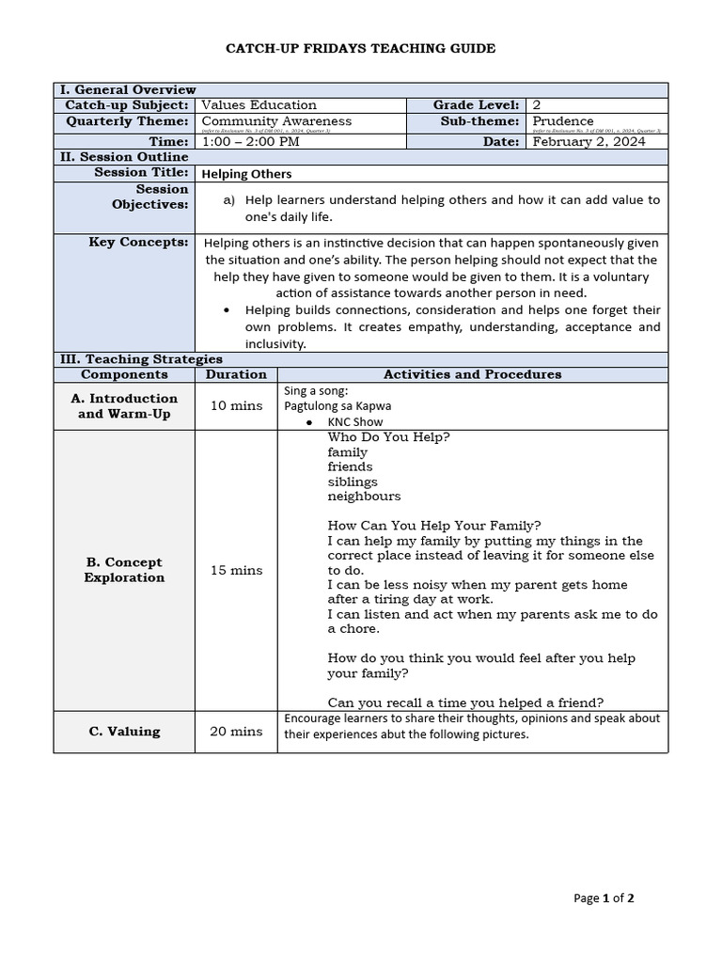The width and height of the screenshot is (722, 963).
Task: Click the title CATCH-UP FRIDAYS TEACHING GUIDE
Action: (x=361, y=48)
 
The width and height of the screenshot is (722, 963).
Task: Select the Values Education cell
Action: (x=259, y=105)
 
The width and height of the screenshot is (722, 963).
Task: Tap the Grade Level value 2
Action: (x=536, y=105)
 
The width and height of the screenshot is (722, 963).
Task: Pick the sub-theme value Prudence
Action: (x=563, y=120)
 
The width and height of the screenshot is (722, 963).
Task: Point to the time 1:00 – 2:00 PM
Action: (x=251, y=142)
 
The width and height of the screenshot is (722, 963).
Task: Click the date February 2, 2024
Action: (x=589, y=142)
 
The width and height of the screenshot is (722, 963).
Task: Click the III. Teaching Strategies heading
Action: (x=141, y=359)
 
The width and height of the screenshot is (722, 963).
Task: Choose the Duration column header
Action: (x=236, y=374)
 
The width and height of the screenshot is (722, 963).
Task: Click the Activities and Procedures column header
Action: (x=472, y=374)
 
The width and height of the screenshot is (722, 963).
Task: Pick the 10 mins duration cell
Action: (x=236, y=406)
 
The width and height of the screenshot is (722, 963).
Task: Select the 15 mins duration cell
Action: (x=236, y=570)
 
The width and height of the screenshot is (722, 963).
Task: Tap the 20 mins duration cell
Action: (x=236, y=732)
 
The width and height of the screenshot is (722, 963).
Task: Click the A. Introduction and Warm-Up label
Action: (x=124, y=406)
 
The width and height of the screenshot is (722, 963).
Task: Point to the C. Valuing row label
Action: (x=124, y=732)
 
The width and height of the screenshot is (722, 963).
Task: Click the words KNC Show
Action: (x=355, y=422)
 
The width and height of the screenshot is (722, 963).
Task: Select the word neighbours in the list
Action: (x=364, y=497)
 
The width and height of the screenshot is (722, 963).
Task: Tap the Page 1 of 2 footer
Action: (x=604, y=898)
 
